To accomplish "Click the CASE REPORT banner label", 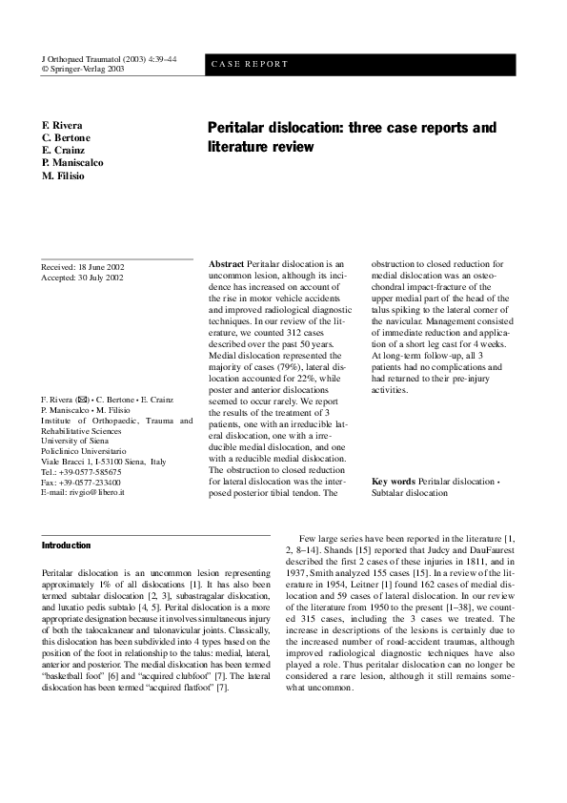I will [248, 65].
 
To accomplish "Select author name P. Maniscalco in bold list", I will [73, 163].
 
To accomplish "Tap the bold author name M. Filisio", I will [66, 175].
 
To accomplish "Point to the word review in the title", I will [288, 147].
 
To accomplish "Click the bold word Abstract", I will [226, 263].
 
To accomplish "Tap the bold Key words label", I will [394, 482].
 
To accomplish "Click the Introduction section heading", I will [67, 546].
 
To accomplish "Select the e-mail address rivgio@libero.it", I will [103, 492].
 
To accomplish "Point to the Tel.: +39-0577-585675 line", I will [82, 471].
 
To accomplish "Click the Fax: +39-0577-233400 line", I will [82, 482].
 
